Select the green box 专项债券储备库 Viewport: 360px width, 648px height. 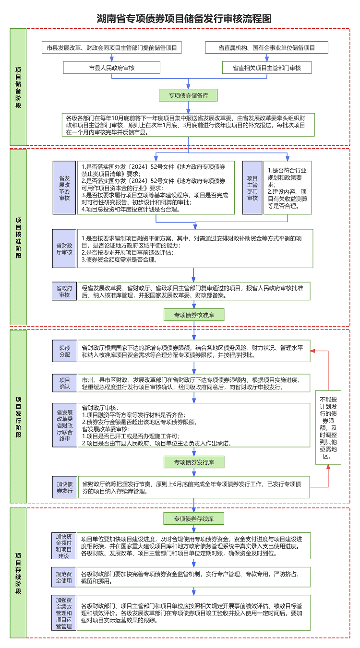click(188, 95)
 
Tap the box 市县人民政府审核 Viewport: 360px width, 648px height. click(111, 68)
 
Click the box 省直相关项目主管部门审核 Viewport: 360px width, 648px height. click(267, 68)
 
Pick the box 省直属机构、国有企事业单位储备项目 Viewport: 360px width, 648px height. click(267, 47)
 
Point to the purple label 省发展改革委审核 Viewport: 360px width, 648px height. click(64, 188)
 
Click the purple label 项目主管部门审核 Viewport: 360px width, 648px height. click(252, 188)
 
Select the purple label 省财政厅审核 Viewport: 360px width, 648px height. click(64, 248)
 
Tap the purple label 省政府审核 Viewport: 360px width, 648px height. click(64, 291)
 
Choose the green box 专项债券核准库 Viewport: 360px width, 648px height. click(194, 315)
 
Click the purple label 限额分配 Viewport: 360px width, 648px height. click(64, 351)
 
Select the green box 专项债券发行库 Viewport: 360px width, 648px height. click(194, 462)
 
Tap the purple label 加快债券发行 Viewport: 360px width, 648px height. click(64, 487)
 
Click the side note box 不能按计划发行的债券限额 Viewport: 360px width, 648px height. click(328, 427)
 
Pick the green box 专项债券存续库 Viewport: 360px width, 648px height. click(194, 518)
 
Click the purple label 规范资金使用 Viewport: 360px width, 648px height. click(64, 577)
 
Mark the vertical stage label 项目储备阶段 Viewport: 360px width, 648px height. click(18, 87)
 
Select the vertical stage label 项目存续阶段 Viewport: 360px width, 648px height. click(18, 573)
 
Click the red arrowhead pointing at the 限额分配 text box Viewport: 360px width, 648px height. click(313, 351)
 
